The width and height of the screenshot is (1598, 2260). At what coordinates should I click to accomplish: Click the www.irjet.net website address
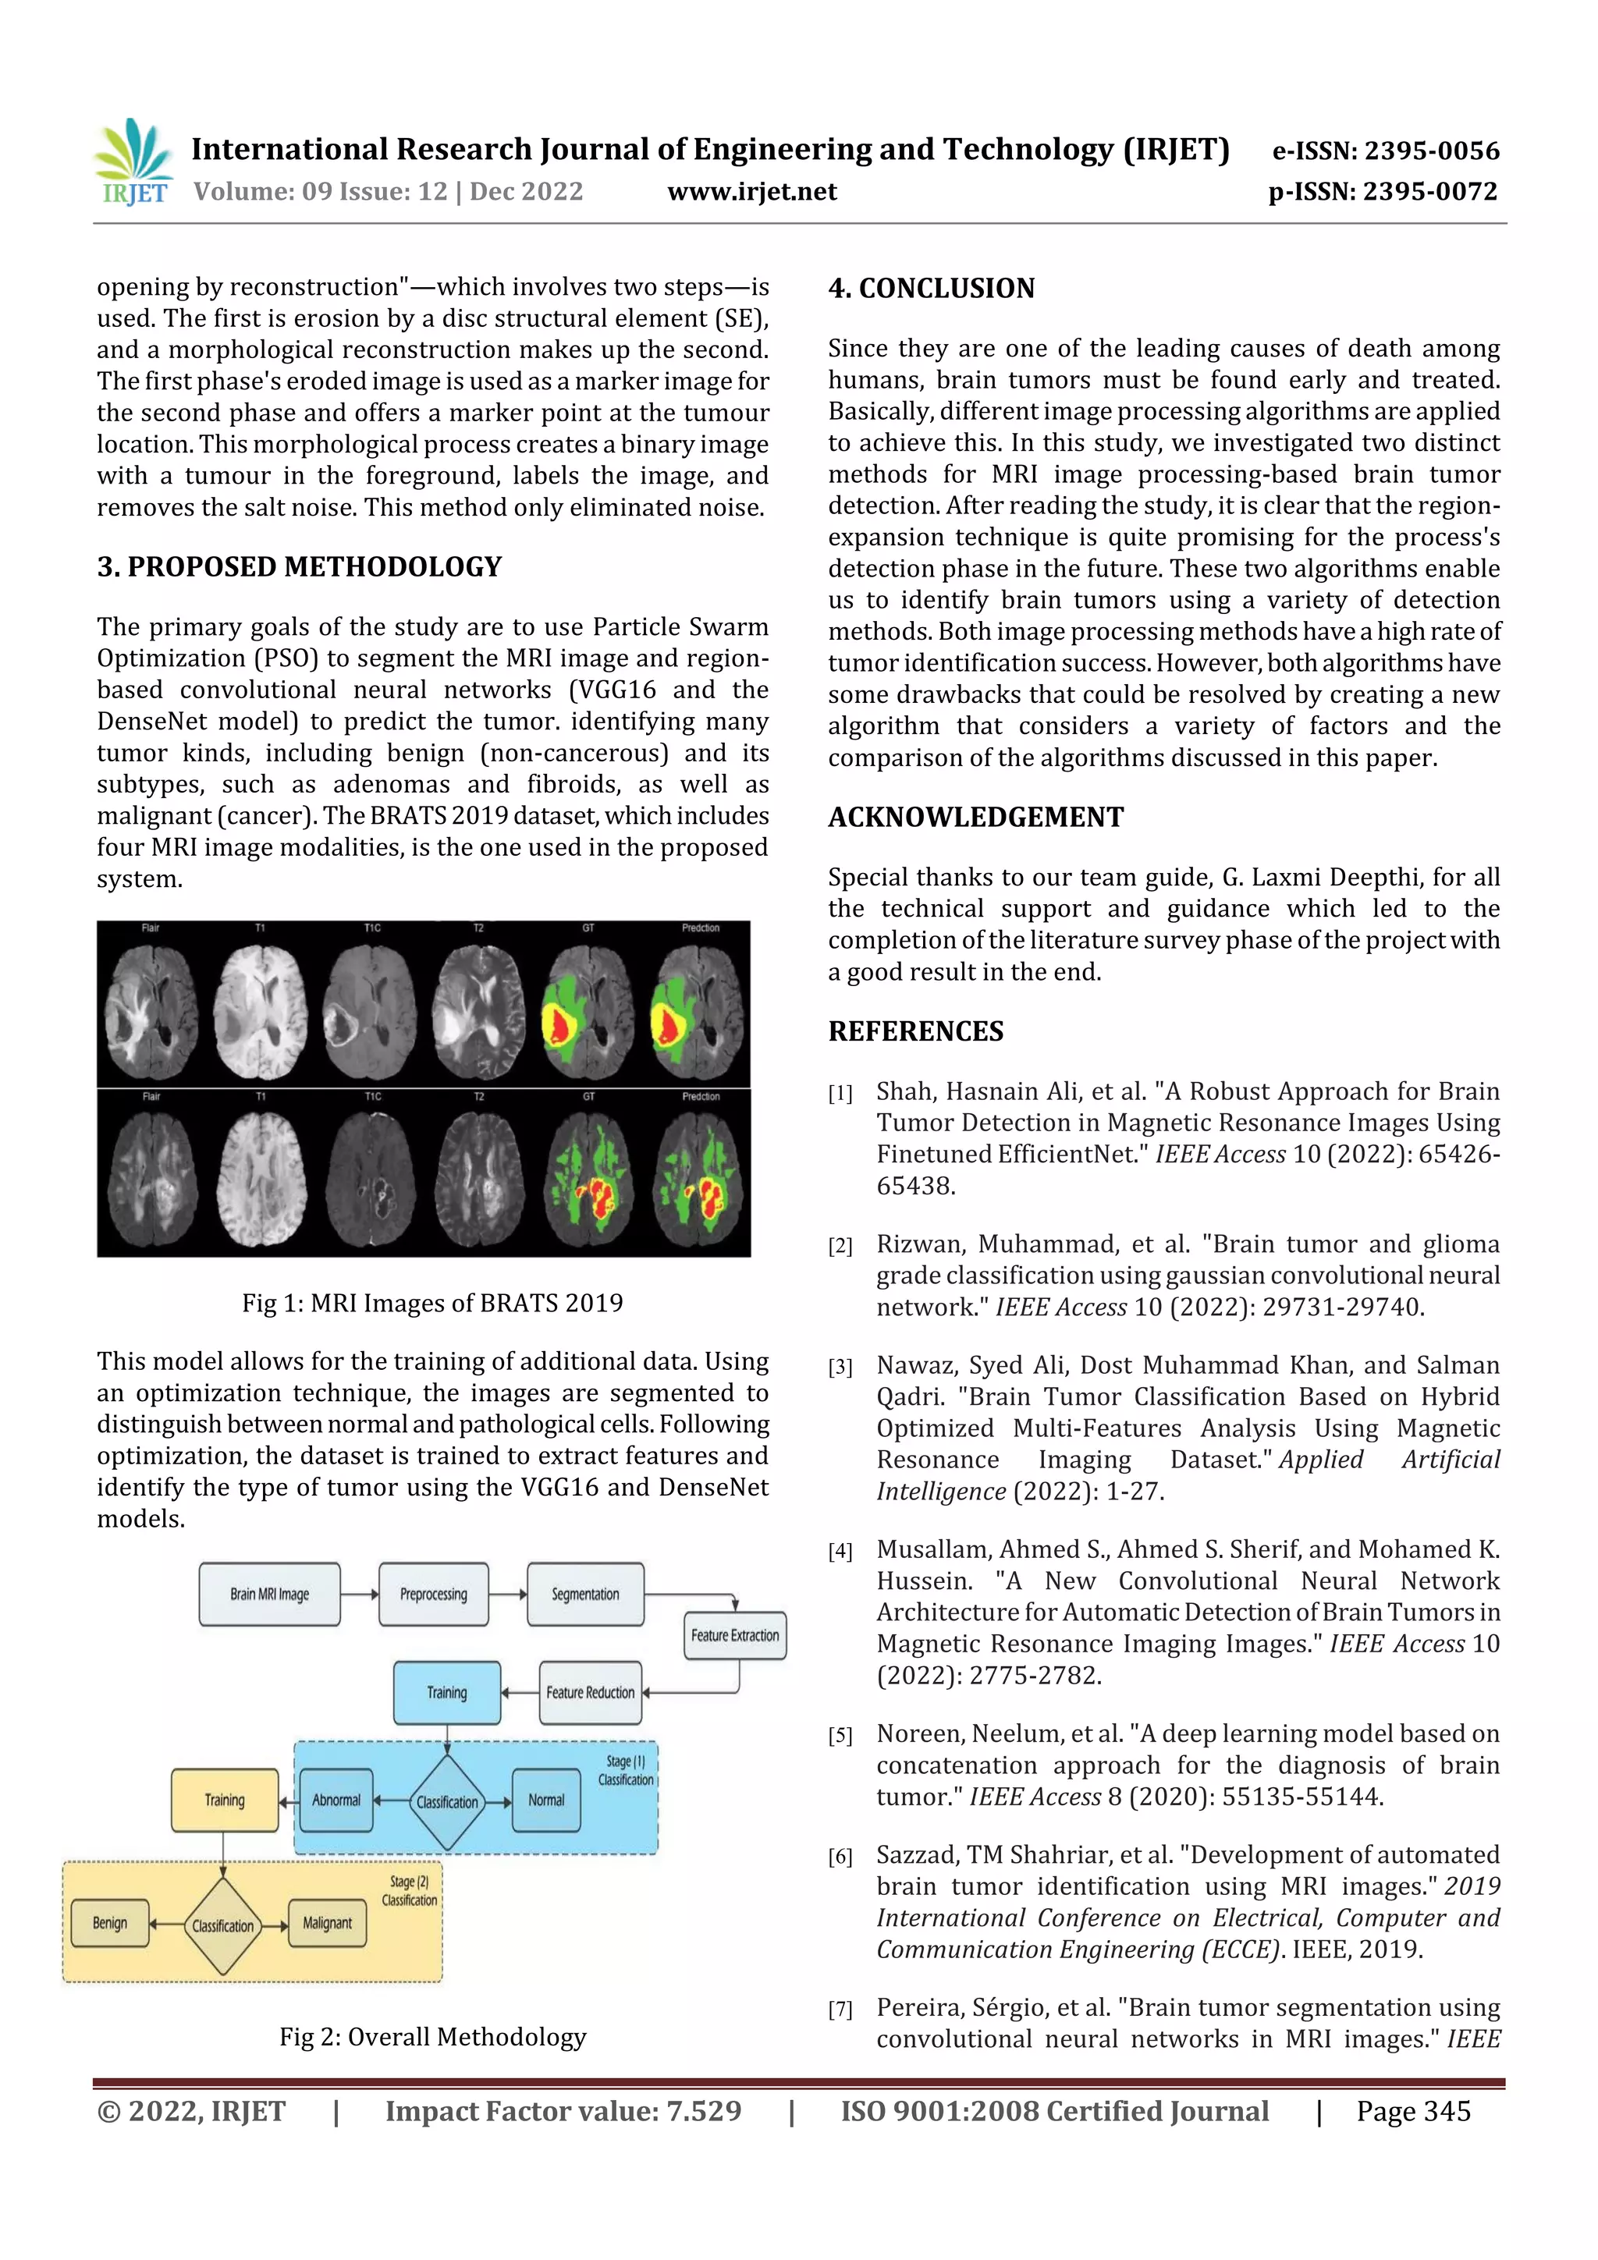751,191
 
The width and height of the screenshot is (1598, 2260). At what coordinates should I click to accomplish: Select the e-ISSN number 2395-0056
1385,151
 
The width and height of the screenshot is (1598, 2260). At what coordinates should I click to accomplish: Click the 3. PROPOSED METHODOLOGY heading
300,567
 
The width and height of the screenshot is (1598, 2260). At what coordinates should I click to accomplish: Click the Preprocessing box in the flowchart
433,1594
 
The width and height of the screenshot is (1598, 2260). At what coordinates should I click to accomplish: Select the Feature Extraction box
734,1635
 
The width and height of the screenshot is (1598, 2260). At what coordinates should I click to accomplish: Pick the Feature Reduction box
590,1692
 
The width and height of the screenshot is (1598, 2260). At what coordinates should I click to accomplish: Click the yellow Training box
225,1799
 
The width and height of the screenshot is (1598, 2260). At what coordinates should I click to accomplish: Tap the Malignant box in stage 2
327,1922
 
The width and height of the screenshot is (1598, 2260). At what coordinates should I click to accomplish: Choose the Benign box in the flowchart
109,1922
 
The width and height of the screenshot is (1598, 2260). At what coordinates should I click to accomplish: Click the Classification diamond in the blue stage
447,1801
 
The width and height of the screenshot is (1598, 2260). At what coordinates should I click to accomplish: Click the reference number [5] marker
840,1735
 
